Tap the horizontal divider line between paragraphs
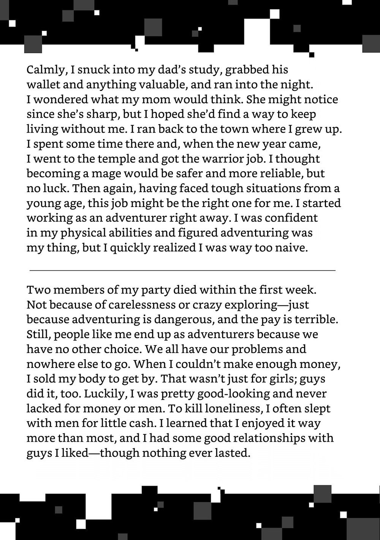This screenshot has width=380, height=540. (x=182, y=270)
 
